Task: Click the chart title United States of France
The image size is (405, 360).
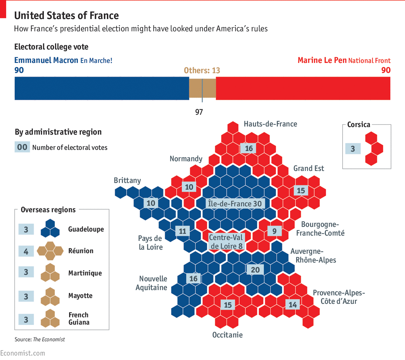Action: pyautogui.click(x=66, y=16)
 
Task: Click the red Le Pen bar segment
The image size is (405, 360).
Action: pyautogui.click(x=303, y=88)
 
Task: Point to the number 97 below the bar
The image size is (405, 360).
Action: pyautogui.click(x=199, y=112)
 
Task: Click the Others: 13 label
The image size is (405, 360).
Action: pyautogui.click(x=202, y=70)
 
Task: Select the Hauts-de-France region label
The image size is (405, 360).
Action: pyautogui.click(x=270, y=124)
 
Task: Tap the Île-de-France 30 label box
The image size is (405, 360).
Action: pyautogui.click(x=235, y=204)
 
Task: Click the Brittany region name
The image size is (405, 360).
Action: pyautogui.click(x=127, y=180)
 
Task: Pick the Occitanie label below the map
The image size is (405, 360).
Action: pyautogui.click(x=227, y=335)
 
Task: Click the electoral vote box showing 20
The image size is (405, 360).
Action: pyautogui.click(x=255, y=270)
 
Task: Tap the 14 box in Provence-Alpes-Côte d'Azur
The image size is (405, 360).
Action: pyautogui.click(x=293, y=305)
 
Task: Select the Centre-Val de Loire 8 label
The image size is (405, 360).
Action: pyautogui.click(x=226, y=242)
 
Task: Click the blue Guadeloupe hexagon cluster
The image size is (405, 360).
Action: pyautogui.click(x=50, y=228)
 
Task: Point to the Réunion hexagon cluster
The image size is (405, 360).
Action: pyautogui.click(x=50, y=251)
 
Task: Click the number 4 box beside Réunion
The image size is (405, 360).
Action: pyautogui.click(x=26, y=251)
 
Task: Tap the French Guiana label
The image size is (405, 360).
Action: pyautogui.click(x=79, y=318)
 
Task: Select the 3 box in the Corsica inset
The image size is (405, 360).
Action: pyautogui.click(x=353, y=149)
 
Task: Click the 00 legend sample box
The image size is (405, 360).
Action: pyautogui.click(x=22, y=147)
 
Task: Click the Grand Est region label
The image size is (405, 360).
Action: pyautogui.click(x=309, y=168)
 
